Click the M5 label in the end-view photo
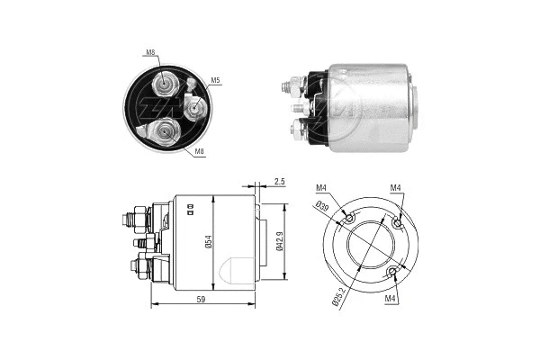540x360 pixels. (x=216, y=81)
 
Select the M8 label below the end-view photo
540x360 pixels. (x=200, y=153)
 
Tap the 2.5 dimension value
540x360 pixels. (x=280, y=182)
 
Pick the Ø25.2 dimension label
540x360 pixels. (x=337, y=295)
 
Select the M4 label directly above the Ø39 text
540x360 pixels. (x=322, y=188)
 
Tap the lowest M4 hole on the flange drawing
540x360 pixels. (x=391, y=271)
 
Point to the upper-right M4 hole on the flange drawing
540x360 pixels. (x=399, y=220)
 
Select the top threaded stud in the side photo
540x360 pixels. (x=289, y=87)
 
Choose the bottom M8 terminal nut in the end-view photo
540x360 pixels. (x=162, y=136)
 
